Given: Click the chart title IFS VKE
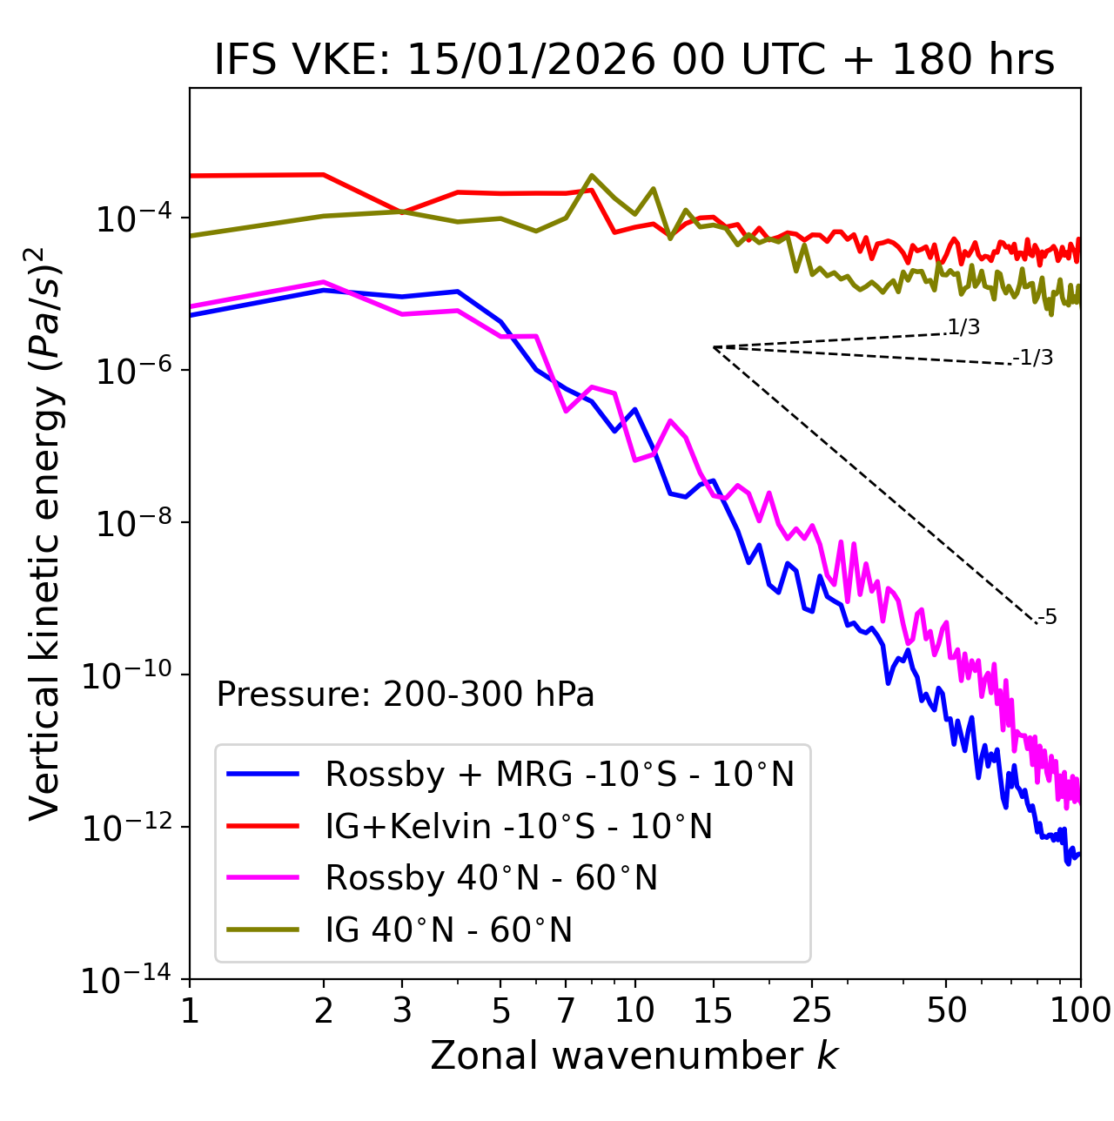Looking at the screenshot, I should click(x=634, y=61).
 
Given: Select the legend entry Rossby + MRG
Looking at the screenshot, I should click(x=560, y=774).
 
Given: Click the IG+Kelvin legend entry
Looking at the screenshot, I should click(x=519, y=826).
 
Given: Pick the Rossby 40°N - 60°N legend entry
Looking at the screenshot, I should click(x=491, y=878).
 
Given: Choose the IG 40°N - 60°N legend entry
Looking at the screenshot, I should click(x=448, y=930).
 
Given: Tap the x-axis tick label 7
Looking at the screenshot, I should click(x=567, y=1010).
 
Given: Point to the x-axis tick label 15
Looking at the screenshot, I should click(x=713, y=1010).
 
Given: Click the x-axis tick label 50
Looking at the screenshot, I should click(x=946, y=1010).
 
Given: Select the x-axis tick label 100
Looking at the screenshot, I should click(x=1080, y=1010).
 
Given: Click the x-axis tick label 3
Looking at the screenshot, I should click(x=402, y=1010).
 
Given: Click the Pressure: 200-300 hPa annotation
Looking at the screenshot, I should click(x=405, y=695).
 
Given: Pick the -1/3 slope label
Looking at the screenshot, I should click(x=1033, y=358).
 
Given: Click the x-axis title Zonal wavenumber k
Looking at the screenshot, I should click(x=634, y=1056).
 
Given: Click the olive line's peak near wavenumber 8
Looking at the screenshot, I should click(x=592, y=176).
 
